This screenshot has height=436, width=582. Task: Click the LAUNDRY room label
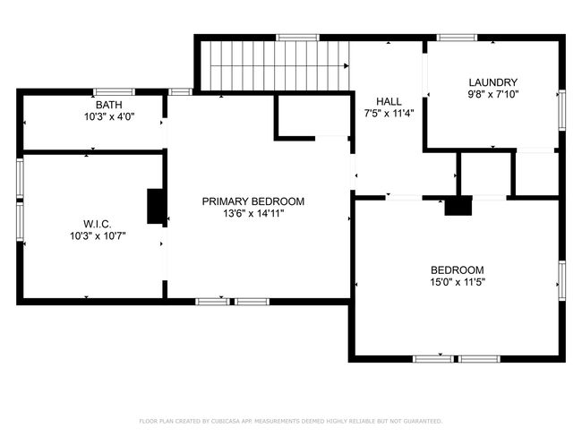[x=493, y=82]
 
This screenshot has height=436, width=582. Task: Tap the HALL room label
[x=389, y=102]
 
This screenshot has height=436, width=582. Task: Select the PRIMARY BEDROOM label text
[x=253, y=201]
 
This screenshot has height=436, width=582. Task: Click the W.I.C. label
[x=98, y=224]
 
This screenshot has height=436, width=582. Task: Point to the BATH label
[x=108, y=105]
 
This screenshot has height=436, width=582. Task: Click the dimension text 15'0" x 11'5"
[x=458, y=282]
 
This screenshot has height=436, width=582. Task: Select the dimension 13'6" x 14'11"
[x=253, y=213]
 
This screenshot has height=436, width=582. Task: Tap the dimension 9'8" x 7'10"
[x=493, y=94]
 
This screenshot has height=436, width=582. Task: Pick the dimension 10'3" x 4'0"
[x=109, y=117]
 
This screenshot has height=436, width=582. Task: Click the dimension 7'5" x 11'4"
[x=389, y=114]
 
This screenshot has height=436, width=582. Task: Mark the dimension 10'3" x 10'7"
[x=98, y=236]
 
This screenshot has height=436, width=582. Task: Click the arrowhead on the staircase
[x=347, y=66]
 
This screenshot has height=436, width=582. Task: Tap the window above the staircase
[x=297, y=38]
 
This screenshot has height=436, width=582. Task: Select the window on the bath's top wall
[x=114, y=91]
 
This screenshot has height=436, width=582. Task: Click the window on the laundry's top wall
[x=457, y=38]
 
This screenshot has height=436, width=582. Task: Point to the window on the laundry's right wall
[x=562, y=110]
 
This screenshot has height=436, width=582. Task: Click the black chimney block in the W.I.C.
[x=155, y=206]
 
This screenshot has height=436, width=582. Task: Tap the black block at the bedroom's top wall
[x=458, y=206]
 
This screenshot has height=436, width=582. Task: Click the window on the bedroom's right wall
[x=562, y=280]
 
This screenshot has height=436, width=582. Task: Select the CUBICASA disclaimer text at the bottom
[x=291, y=421]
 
